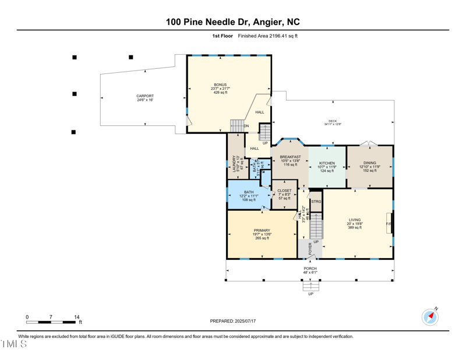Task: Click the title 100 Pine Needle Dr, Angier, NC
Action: click(x=233, y=22)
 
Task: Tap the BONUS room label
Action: click(x=220, y=85)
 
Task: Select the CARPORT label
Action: click(x=145, y=96)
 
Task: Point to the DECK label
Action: click(x=333, y=121)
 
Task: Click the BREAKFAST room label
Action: click(x=290, y=157)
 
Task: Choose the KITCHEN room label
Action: click(x=327, y=163)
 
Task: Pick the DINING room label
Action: click(x=369, y=163)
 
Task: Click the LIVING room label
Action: click(x=355, y=220)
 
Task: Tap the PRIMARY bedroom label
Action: click(x=262, y=231)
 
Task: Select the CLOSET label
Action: click(x=284, y=190)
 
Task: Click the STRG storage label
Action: click(x=316, y=202)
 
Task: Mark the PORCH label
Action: click(x=310, y=269)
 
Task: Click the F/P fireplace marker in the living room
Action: click(x=389, y=224)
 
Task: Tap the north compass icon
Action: click(x=430, y=317)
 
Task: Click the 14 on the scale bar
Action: click(x=77, y=317)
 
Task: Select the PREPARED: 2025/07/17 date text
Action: click(x=233, y=321)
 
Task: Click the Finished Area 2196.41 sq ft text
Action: click(x=268, y=36)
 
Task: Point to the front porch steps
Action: click(x=310, y=286)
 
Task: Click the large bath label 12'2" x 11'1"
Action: click(x=249, y=196)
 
